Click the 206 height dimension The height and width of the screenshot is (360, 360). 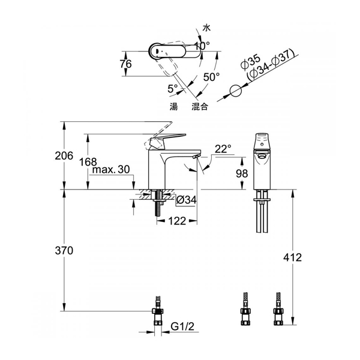[64, 156]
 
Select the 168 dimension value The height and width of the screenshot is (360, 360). [88, 162]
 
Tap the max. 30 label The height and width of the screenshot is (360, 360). [111, 170]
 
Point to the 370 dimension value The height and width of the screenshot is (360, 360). [64, 250]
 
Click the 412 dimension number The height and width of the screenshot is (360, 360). [292, 257]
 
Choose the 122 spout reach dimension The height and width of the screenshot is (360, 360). [177, 221]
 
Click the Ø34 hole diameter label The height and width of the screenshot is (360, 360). [187, 200]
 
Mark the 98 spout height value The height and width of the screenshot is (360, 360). [242, 173]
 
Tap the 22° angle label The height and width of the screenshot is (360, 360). [223, 149]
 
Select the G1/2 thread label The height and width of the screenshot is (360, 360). [182, 326]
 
